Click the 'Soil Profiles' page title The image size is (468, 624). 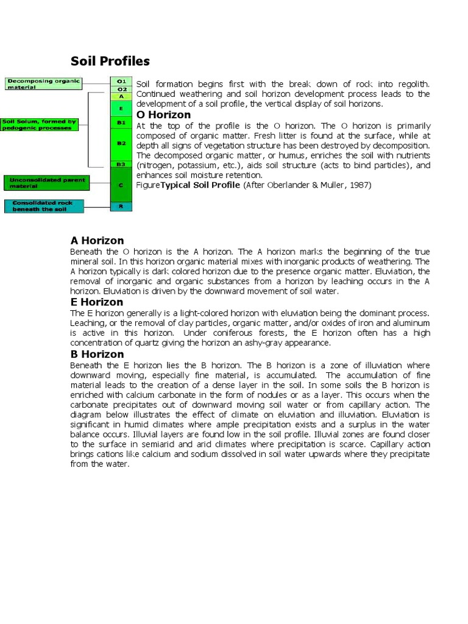point(110,62)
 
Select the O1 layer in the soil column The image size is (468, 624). point(121,81)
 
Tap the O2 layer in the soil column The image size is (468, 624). point(121,89)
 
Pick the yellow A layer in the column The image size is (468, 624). point(121,96)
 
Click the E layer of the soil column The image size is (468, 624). point(121,108)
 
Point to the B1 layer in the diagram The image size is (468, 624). point(121,122)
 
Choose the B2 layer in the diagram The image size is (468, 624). point(121,143)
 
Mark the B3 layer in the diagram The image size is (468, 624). point(121,165)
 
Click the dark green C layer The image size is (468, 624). point(121,185)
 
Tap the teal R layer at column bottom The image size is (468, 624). point(121,207)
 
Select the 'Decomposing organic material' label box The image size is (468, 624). point(43,83)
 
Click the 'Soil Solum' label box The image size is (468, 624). point(40,124)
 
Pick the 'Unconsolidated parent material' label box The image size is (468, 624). point(46,183)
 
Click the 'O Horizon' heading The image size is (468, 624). point(163,115)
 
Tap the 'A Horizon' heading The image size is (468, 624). point(97,241)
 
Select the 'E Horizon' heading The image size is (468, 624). point(97,302)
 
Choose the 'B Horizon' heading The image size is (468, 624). point(97,354)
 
